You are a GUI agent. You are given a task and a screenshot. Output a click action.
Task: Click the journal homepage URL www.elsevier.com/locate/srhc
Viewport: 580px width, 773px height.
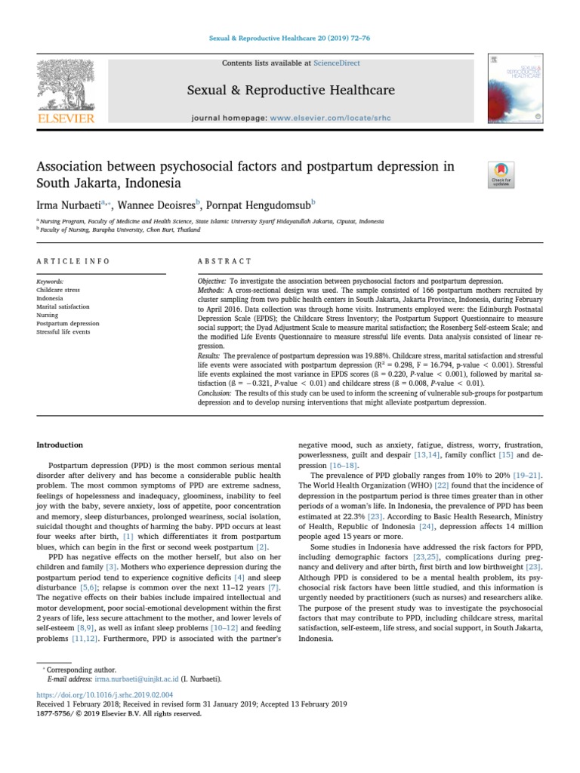(323, 119)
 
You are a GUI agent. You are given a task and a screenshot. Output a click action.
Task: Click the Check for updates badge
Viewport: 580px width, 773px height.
(501, 175)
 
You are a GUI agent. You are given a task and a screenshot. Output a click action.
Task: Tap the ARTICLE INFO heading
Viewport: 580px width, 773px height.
(73, 261)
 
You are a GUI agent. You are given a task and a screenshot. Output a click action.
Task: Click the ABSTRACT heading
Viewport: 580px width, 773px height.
(225, 261)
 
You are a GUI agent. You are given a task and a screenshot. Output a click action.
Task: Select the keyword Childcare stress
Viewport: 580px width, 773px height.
(57, 290)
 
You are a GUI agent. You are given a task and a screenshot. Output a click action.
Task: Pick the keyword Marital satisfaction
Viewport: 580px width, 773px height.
(63, 307)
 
